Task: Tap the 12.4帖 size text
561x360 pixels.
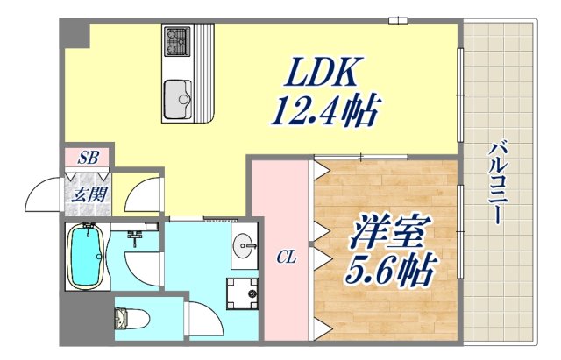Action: (x=324, y=111)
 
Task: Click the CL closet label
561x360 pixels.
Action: (x=286, y=257)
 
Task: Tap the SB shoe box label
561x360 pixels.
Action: (x=88, y=158)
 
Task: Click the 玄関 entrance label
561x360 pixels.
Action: (x=85, y=194)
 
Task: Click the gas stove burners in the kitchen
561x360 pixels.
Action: (x=177, y=39)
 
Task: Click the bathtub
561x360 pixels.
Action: (x=87, y=258)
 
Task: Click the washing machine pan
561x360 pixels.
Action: (x=242, y=293)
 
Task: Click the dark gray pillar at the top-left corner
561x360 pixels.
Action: (x=75, y=34)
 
